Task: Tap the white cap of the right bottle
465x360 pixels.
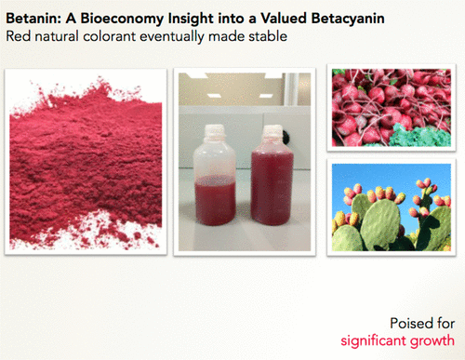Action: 272,132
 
